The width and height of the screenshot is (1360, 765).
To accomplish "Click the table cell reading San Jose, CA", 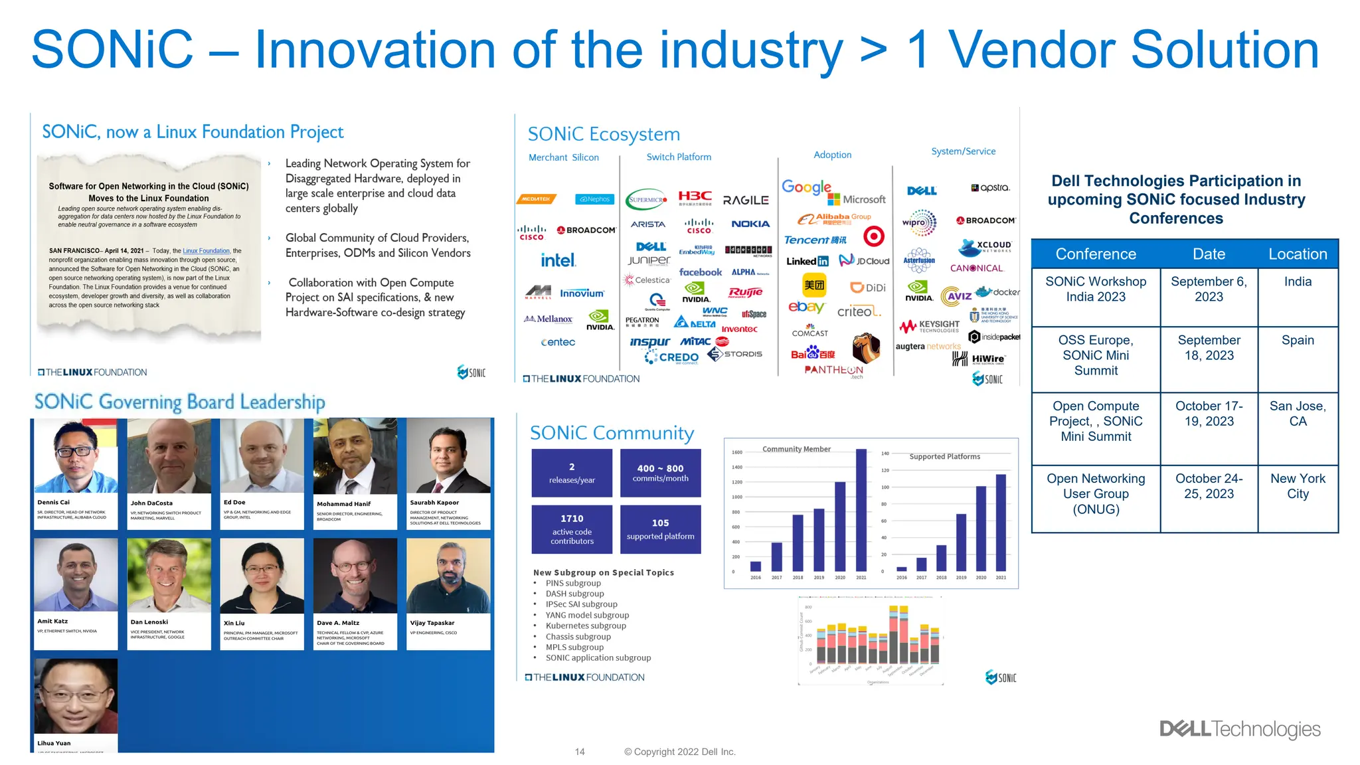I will coord(1297,414).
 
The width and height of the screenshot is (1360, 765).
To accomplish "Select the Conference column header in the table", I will coord(1095,254).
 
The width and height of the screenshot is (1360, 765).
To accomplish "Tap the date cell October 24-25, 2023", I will coord(1208,487).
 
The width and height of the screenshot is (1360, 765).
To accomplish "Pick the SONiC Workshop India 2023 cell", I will coord(1095,290).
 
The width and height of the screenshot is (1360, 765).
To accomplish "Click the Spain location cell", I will coord(1297,340).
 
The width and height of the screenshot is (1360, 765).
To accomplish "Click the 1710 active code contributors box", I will coord(572,529).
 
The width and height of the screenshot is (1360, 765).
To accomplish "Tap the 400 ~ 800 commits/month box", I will coord(660,473).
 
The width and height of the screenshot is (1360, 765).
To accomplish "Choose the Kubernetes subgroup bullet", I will coord(585,626).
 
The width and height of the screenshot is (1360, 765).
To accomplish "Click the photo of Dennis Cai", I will coord(76,456).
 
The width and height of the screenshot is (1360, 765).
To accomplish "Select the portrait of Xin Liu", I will coord(262,576).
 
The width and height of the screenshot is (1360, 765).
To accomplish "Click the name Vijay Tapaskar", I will coord(432,623).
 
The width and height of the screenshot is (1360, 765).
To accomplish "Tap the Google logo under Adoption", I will coord(806,187).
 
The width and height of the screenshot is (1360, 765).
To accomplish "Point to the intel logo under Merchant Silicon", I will coord(558,260).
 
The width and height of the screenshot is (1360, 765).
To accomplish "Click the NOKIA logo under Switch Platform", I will coord(750,224).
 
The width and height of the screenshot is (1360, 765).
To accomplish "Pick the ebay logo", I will coord(806,307).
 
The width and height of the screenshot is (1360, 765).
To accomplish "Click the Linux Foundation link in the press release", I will coord(206,251).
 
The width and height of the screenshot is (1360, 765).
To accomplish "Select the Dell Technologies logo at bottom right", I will coord(1240,729).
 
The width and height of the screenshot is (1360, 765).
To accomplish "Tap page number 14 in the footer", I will coord(580,752).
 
